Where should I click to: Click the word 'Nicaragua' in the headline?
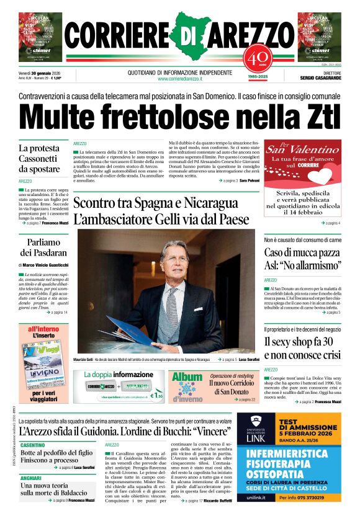(x=204, y=203)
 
